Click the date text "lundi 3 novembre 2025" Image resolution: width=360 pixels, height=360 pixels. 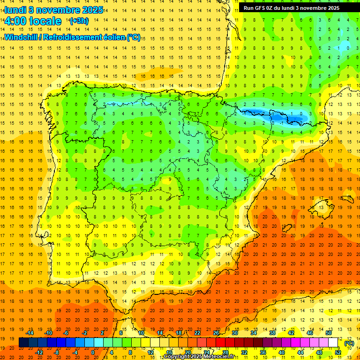pyautogui.click(x=53, y=10)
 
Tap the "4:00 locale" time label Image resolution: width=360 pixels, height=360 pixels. pyautogui.click(x=33, y=21)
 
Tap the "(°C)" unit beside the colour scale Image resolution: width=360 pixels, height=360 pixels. pyautogui.click(x=349, y=343)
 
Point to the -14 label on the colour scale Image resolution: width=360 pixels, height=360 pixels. pyautogui.click(x=30, y=332)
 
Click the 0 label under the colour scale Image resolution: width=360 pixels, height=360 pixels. pyautogui.click(x=93, y=352)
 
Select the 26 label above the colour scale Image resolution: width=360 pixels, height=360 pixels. pyautogui.click(x=216, y=332)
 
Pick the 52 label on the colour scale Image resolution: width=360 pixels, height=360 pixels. pyautogui.click(x=338, y=352)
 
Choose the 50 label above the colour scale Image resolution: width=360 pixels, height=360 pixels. pyautogui.click(x=329, y=332)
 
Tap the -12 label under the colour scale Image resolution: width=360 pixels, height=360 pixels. pyautogui.click(x=40, y=352)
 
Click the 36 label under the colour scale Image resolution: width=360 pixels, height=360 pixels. pyautogui.click(x=263, y=352)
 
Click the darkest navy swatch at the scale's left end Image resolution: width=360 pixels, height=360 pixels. pyautogui.click(x=23, y=343)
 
